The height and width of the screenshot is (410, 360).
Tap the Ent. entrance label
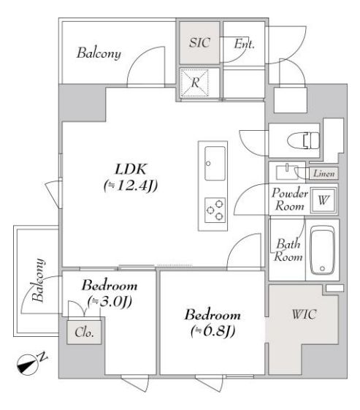[244, 44]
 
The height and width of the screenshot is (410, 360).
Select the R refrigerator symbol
[196, 83]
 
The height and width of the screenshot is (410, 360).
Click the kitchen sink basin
[215, 162]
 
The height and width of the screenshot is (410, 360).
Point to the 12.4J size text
[131, 186]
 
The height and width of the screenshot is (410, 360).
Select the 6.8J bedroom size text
[212, 331]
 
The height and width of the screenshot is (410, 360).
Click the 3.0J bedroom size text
[109, 301]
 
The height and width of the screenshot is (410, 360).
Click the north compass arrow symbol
[30, 362]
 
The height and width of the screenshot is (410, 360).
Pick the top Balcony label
[99, 53]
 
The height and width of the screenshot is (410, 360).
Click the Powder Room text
[290, 200]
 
